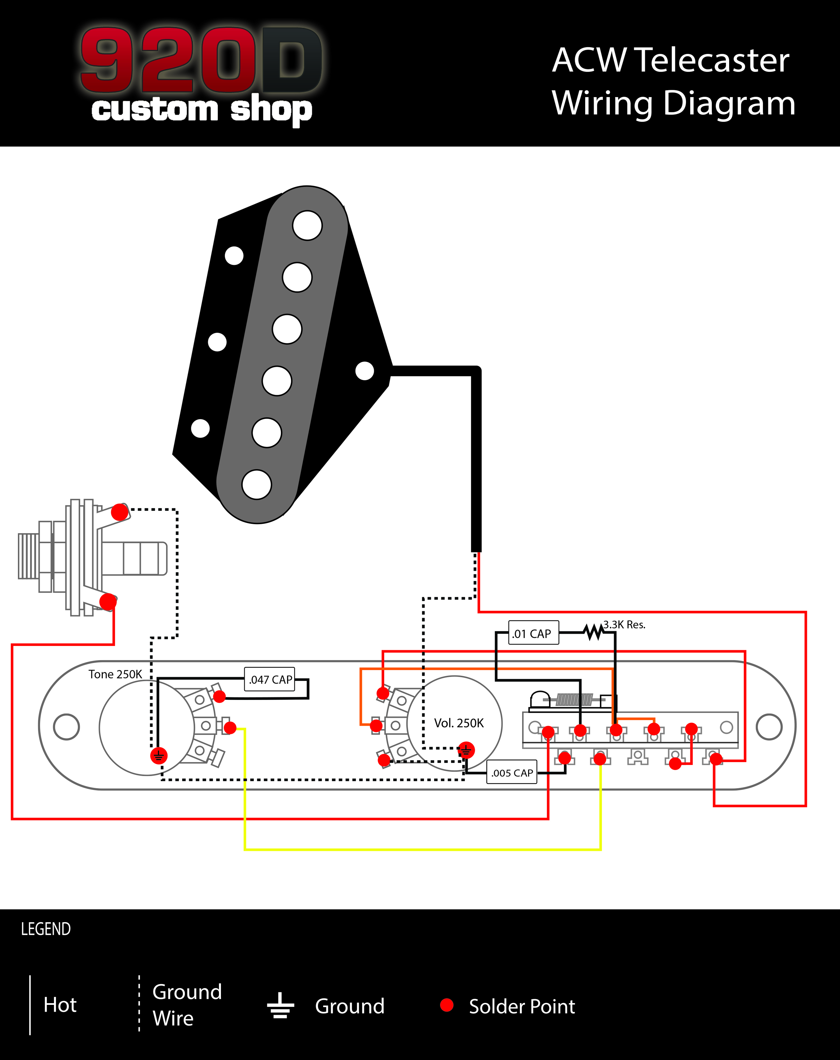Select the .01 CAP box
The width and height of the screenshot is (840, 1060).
pyautogui.click(x=533, y=633)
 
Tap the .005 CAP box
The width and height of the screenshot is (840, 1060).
pyautogui.click(x=512, y=772)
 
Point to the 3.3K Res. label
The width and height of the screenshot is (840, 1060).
pyautogui.click(x=624, y=624)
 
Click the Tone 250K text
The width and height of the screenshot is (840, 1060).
pyautogui.click(x=115, y=674)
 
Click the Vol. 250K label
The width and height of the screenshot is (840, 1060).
pyautogui.click(x=458, y=723)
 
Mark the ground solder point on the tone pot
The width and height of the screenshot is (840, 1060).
pyautogui.click(x=158, y=755)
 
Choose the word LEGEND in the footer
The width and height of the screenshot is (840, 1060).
pyautogui.click(x=46, y=929)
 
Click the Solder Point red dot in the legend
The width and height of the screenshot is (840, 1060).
pyautogui.click(x=447, y=1005)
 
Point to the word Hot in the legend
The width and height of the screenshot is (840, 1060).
pyautogui.click(x=60, y=1005)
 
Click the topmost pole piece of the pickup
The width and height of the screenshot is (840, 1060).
pyautogui.click(x=307, y=225)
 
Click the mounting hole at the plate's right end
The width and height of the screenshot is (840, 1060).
pyautogui.click(x=769, y=727)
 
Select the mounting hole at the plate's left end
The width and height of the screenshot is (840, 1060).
pyautogui.click(x=66, y=727)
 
